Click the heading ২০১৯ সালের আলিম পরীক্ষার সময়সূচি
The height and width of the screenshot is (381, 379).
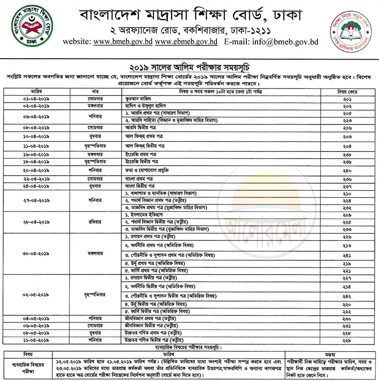(189, 68)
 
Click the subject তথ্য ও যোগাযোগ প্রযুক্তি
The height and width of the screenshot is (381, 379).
(147, 170)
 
